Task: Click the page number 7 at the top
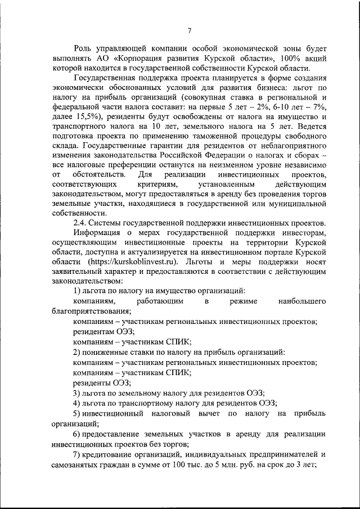pos(190,31)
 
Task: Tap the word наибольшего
pos(301,302)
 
